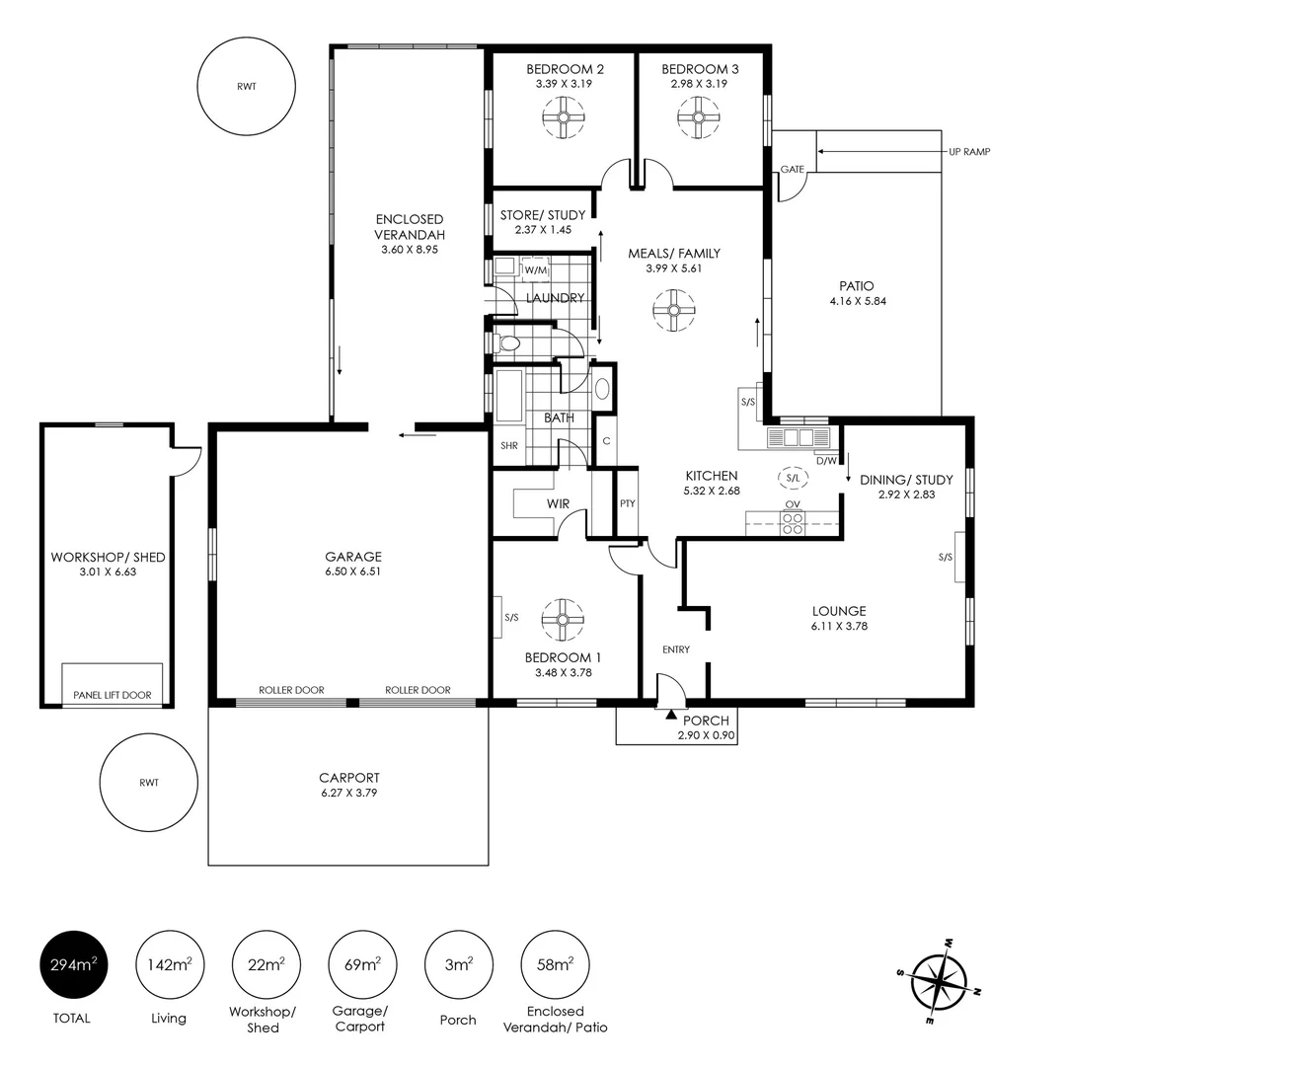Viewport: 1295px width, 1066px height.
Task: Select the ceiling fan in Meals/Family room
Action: click(674, 311)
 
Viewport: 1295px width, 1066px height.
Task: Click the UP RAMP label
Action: click(968, 152)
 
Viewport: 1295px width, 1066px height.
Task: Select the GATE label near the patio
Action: click(792, 170)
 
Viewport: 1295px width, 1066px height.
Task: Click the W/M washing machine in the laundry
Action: click(535, 269)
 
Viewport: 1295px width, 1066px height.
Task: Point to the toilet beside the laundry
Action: click(508, 343)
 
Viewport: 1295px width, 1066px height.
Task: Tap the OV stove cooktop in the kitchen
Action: click(792, 523)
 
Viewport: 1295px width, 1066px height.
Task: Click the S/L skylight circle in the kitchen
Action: click(792, 479)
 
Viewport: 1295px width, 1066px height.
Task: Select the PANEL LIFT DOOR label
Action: click(113, 695)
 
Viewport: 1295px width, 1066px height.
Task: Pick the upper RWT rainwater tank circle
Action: click(246, 87)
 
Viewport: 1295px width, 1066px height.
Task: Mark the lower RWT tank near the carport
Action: click(148, 783)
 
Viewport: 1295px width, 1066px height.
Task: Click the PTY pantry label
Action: click(628, 503)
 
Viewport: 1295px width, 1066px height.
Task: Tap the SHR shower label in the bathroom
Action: click(508, 446)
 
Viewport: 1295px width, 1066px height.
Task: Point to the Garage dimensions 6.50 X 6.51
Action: click(353, 571)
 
